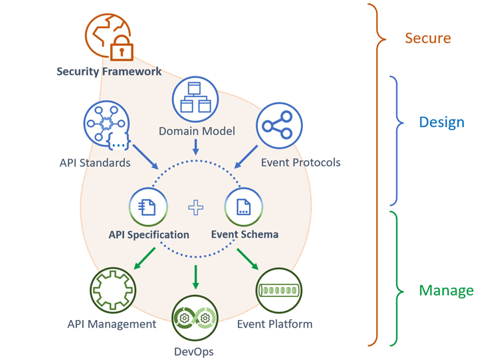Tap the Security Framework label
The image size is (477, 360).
[108, 72]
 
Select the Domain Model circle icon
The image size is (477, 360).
[195, 100]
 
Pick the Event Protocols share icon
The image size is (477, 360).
[279, 125]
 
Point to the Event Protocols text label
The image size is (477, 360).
[300, 162]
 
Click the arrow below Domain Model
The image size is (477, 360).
[195, 146]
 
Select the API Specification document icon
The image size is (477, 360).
[147, 207]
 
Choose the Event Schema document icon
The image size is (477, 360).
[244, 207]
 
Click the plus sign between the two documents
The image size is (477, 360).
[196, 207]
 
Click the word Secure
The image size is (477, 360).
[428, 39]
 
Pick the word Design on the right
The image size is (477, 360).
[441, 123]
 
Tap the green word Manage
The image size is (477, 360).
[446, 290]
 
